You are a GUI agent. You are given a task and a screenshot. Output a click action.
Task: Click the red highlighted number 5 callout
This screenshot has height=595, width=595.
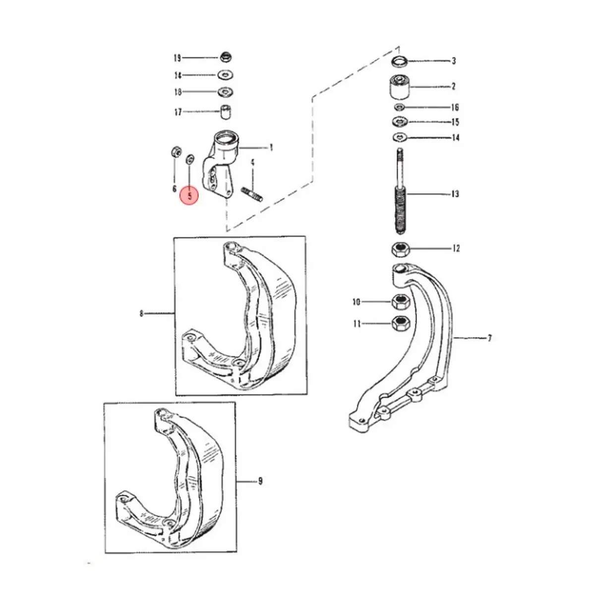click(x=189, y=196)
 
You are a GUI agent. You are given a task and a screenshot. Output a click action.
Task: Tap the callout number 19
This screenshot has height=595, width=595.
click(x=177, y=58)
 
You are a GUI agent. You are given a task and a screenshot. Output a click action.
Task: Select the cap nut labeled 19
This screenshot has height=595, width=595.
click(x=226, y=57)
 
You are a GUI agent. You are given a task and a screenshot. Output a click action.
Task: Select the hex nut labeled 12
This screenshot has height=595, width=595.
click(x=401, y=249)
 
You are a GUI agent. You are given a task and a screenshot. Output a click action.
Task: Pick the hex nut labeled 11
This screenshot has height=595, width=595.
click(x=401, y=323)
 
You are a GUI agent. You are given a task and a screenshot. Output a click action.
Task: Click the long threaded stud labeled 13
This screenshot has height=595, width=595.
click(x=400, y=191)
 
